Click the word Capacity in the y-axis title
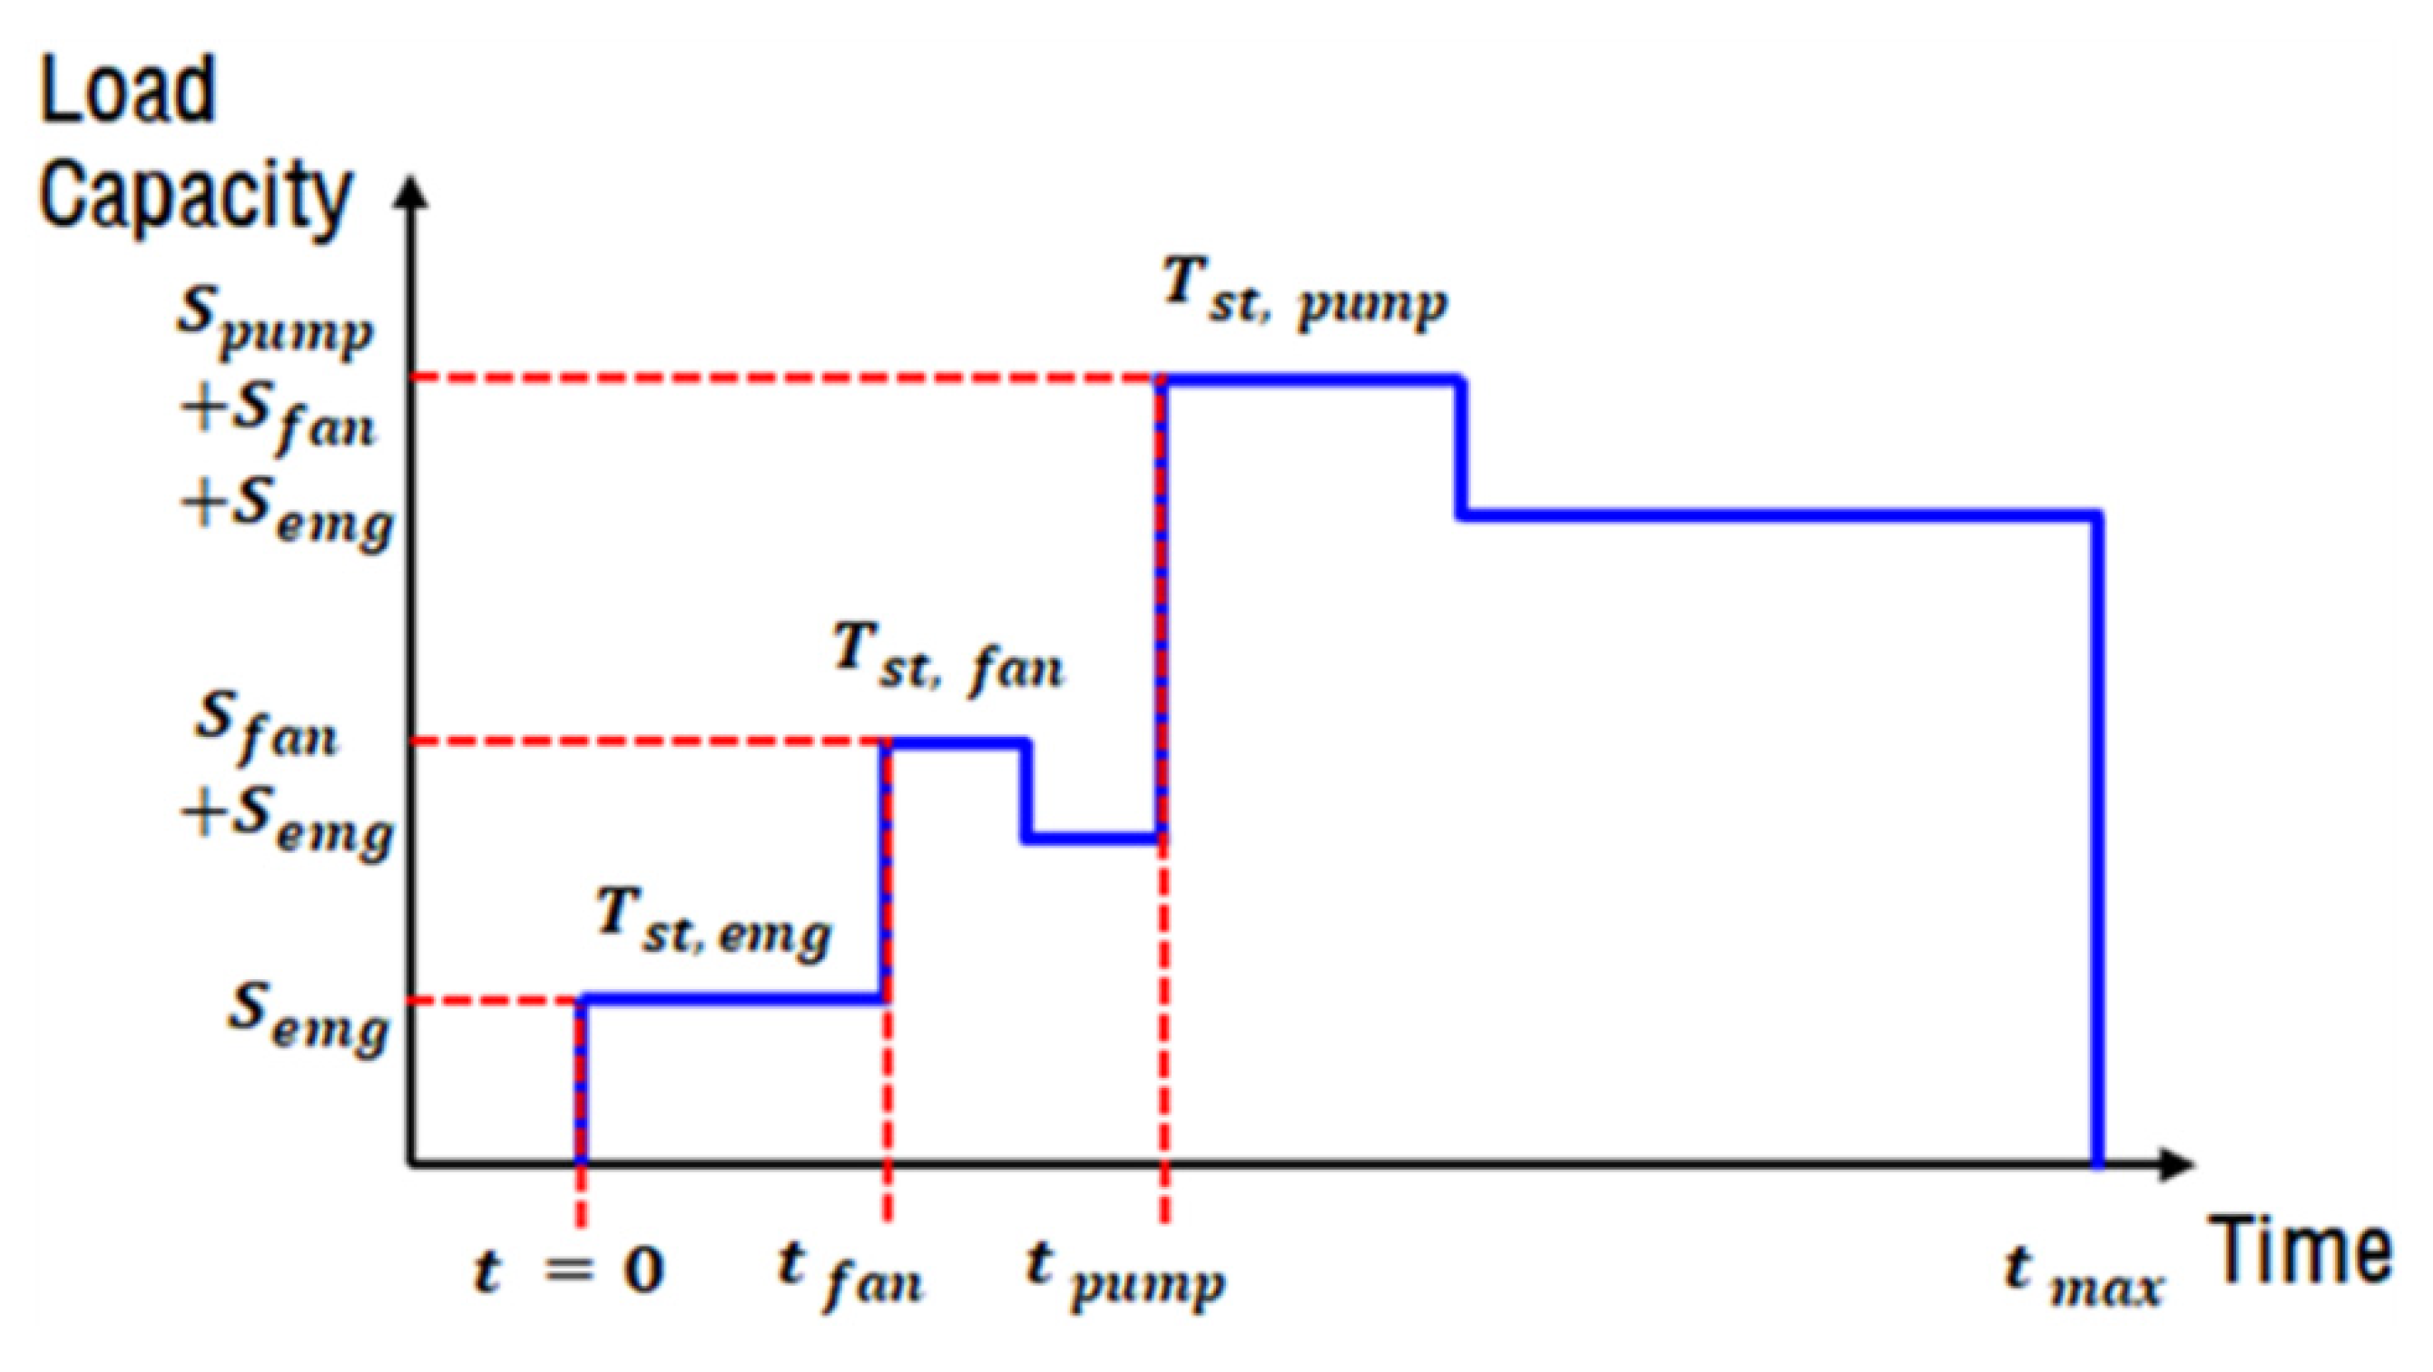[x=194, y=196]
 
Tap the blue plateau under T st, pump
[x=1313, y=379]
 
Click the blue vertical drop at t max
[x=2098, y=850]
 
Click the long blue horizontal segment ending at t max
[x=1776, y=515]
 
